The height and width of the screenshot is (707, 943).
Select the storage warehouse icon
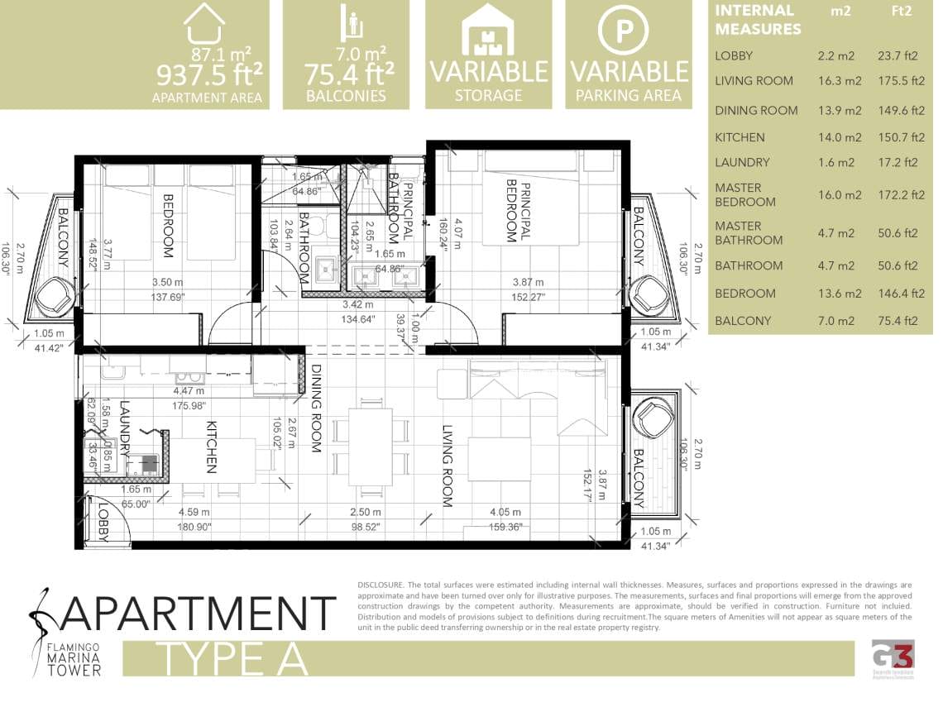488,29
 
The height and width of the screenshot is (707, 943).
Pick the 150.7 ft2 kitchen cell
901,137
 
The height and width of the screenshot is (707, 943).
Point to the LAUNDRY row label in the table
742,163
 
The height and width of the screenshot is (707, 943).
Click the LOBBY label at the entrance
103,522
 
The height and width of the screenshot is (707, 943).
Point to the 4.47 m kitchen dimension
189,391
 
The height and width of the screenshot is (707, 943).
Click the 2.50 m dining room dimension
365,513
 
